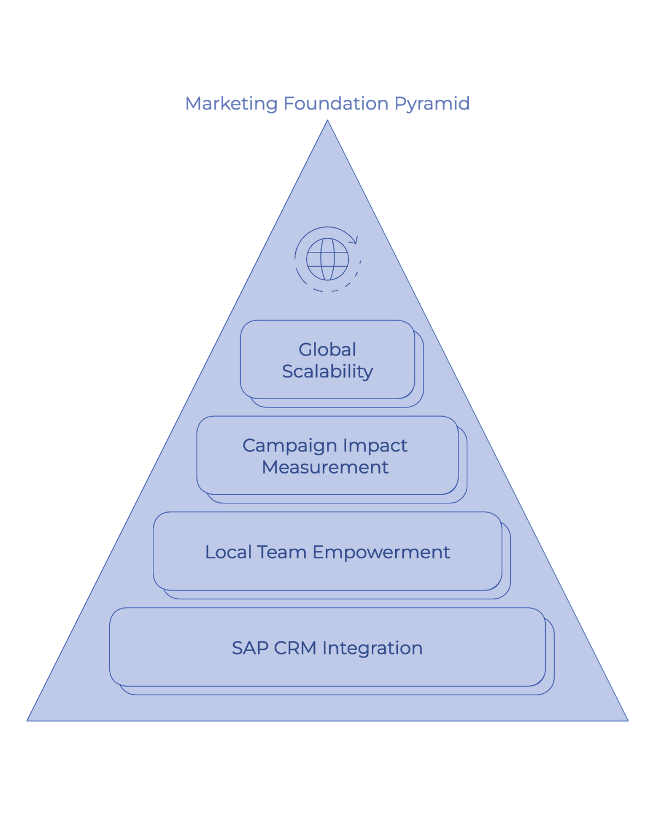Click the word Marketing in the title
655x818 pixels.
click(231, 104)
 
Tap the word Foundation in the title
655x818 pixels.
click(336, 103)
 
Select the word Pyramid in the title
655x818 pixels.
click(432, 104)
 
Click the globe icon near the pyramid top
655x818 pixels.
click(327, 259)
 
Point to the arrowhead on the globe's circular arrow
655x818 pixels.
click(355, 239)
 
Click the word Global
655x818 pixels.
click(327, 350)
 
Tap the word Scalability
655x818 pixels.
click(327, 371)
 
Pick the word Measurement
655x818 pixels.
click(325, 467)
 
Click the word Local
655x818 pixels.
click(229, 552)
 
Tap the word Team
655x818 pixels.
click(282, 552)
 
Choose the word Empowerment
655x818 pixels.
click(381, 552)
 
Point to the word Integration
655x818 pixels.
click(373, 648)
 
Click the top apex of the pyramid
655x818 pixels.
click(327, 122)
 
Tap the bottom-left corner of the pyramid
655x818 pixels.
click(27, 720)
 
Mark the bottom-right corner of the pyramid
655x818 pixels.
click(628, 720)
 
